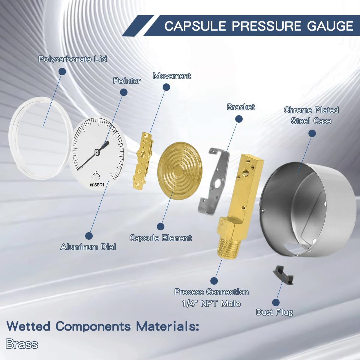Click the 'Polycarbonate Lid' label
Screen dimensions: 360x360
[73, 59]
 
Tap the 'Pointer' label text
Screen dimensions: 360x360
[127, 81]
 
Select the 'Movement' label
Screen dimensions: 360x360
[172, 76]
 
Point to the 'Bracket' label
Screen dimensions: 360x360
[241, 107]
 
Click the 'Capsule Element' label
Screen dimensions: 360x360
[160, 238]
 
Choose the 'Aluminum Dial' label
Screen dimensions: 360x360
[88, 247]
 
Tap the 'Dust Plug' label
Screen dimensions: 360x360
[274, 312]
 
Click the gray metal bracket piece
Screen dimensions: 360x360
[214, 183]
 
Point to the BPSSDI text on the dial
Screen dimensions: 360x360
[97, 185]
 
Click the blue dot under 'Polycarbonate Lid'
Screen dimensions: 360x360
[62, 71]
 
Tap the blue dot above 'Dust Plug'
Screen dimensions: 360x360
[276, 302]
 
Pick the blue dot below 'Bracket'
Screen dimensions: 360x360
[239, 119]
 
